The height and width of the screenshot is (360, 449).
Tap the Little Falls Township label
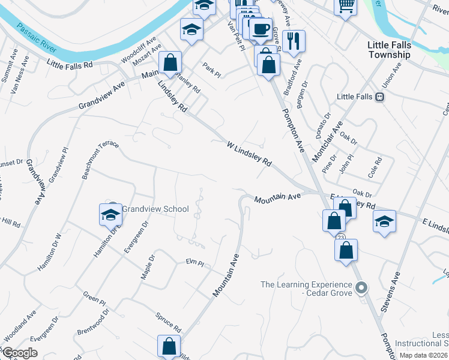[x=389, y=49]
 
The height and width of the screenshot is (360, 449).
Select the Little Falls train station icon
[x=379, y=97]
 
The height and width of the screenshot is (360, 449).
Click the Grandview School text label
[x=155, y=209]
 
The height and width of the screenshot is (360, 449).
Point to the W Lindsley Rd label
[x=249, y=154]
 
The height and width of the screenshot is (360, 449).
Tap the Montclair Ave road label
[x=327, y=141]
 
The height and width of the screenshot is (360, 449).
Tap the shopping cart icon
[x=345, y=6]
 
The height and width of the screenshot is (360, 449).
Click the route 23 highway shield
[x=341, y=238]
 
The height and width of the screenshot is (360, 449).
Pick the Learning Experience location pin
[x=361, y=289]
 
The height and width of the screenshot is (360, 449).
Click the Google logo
[x=20, y=353]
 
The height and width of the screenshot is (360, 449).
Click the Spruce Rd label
[x=169, y=323]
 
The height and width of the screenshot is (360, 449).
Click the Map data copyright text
[x=424, y=355]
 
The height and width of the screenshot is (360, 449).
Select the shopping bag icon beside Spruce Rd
[x=169, y=346]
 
